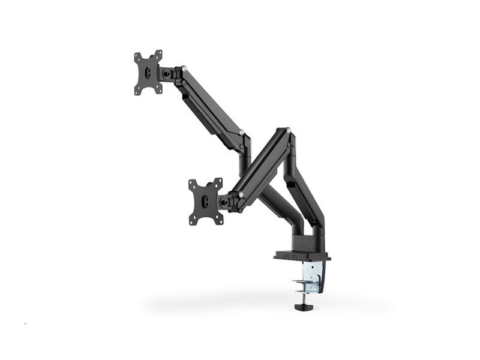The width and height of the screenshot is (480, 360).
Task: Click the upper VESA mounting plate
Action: point(148,72)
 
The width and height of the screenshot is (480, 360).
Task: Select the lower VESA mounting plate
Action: point(205,202)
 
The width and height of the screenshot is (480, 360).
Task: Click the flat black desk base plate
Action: point(302,256)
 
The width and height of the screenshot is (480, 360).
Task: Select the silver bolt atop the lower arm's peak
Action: point(287,130)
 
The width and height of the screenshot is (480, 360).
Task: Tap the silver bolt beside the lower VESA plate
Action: point(241,194)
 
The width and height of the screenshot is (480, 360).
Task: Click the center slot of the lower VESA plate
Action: point(205,202)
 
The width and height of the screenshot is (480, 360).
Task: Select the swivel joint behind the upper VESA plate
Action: point(167,73)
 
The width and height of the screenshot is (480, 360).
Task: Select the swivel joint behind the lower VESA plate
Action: point(226,201)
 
